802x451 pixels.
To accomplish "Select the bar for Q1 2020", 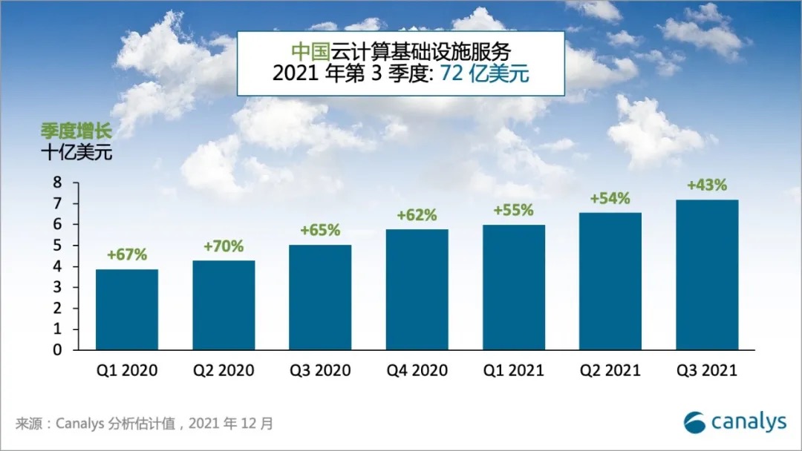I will tap(126, 309).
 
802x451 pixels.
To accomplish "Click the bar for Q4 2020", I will tap(417, 289).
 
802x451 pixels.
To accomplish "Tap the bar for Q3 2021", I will tap(707, 274).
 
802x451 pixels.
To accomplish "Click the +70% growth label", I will tap(224, 246).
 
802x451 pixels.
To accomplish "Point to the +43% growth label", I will tap(707, 185).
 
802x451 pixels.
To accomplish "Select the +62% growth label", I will tap(417, 215).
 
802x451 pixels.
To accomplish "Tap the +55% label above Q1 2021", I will tap(513, 210).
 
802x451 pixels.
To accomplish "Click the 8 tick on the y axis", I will tap(56, 182).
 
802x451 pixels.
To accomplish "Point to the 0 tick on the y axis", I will tap(56, 350).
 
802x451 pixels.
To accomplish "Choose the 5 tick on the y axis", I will tap(56, 246).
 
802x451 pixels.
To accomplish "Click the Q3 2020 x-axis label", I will tap(320, 370).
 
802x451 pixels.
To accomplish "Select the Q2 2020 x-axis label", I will tap(224, 370).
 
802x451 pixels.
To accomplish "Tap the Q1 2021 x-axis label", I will tap(513, 370).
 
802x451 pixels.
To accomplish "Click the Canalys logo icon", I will tap(695, 421).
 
